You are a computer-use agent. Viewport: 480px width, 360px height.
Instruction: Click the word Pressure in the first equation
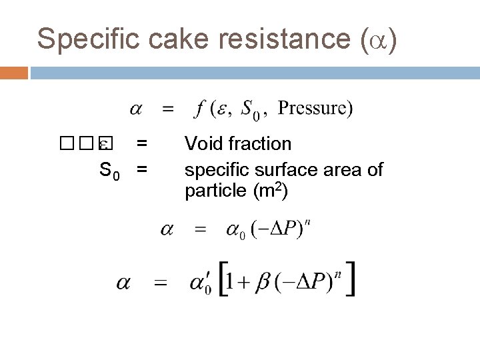(x=311, y=107)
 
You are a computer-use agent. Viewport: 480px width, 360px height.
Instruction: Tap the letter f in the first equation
(x=199, y=108)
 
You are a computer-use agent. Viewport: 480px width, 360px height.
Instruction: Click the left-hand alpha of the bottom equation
(x=124, y=283)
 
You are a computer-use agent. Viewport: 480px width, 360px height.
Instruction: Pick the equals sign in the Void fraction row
(x=141, y=143)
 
